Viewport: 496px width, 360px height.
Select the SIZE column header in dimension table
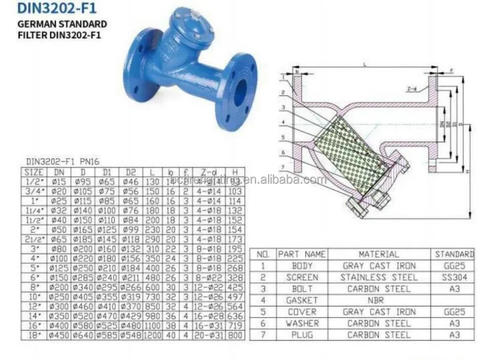pos(34,172)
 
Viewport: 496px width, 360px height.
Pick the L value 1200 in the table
pos(153,335)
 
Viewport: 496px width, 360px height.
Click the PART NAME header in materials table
pos(302,254)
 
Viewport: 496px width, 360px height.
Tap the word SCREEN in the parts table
pos(302,277)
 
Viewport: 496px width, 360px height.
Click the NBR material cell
pos(378,300)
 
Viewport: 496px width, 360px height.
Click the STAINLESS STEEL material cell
pos(378,277)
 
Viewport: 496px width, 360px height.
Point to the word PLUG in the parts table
pos(302,335)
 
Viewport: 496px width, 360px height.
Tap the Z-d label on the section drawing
pos(412,89)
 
